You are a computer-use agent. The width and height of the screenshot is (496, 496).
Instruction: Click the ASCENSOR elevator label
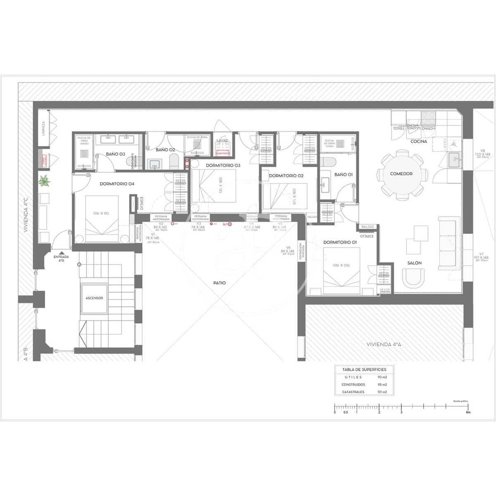click(94, 298)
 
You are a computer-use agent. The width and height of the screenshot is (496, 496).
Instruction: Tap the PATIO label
click(219, 283)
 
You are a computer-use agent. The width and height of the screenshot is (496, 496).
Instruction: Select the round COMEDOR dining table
click(401, 174)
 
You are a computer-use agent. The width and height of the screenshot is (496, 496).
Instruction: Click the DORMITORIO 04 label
click(117, 184)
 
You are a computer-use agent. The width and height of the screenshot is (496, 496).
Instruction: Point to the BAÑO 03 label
click(115, 154)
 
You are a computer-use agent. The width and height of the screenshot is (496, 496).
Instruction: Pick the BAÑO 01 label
click(343, 174)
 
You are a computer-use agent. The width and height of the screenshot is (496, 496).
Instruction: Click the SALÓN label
click(415, 263)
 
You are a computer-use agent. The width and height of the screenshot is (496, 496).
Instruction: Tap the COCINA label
click(419, 141)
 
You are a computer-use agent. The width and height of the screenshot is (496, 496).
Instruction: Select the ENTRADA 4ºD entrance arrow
click(61, 253)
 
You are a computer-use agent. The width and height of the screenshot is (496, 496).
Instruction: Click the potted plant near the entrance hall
click(44, 181)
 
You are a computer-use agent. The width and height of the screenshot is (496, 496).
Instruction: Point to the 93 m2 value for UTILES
click(382, 377)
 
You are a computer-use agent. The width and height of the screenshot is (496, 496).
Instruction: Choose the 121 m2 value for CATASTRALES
click(382, 392)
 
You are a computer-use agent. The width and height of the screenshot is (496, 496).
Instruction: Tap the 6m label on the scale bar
click(468, 413)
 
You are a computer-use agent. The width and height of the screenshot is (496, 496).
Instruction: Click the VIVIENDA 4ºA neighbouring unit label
click(384, 344)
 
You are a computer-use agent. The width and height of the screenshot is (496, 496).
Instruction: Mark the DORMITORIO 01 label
click(340, 242)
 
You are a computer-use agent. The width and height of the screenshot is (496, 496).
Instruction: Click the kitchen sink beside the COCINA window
click(455, 158)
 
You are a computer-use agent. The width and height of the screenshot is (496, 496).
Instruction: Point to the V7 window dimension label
click(482, 254)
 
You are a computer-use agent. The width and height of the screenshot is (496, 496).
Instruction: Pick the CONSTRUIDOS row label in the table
click(353, 385)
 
